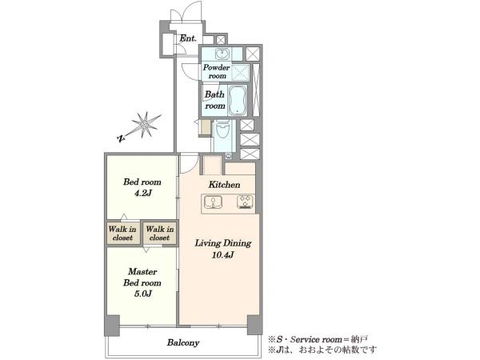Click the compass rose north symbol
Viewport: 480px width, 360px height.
click(x=140, y=127)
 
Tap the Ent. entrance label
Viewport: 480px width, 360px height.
click(x=188, y=38)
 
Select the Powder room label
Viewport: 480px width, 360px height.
click(x=216, y=71)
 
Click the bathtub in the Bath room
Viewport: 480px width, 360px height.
click(x=238, y=101)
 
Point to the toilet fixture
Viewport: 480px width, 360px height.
click(x=222, y=130)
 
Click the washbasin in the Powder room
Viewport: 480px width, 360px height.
click(x=222, y=54)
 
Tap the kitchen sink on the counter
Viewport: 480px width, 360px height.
click(x=214, y=202)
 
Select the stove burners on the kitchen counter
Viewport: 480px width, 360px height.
click(x=246, y=202)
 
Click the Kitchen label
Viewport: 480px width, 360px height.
click(x=224, y=185)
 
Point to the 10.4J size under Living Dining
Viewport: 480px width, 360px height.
click(x=222, y=254)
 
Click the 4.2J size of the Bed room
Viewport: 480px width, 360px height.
click(x=142, y=193)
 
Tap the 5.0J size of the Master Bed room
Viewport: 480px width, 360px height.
click(x=142, y=294)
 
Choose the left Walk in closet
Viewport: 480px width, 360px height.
click(x=122, y=234)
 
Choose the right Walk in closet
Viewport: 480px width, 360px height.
click(x=159, y=234)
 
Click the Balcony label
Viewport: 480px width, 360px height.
click(x=183, y=342)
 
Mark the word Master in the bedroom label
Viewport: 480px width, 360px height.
click(x=142, y=271)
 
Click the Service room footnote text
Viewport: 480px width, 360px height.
click(x=318, y=339)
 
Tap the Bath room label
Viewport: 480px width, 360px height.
click(x=214, y=100)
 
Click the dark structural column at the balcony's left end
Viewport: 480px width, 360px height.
click(x=112, y=326)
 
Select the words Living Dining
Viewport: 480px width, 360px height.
click(x=223, y=243)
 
